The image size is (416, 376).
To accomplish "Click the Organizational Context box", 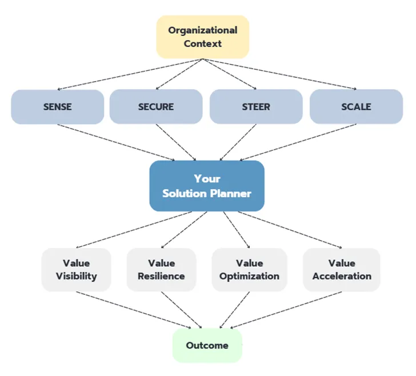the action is [x=203, y=37].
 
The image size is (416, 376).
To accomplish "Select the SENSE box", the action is [x=58, y=107].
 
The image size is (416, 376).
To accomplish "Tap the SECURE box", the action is [x=156, y=106].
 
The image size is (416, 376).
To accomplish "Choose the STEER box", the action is [x=256, y=106].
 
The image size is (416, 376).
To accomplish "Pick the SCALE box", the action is [x=357, y=106].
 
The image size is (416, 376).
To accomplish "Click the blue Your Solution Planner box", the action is [x=207, y=186].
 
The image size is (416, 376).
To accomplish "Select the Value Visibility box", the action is [x=77, y=270].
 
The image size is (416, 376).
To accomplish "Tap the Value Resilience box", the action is [x=161, y=270].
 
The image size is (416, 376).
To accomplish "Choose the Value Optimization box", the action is [x=249, y=270].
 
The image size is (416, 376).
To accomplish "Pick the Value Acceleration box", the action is [x=342, y=270].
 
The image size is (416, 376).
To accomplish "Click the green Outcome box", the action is [x=207, y=345].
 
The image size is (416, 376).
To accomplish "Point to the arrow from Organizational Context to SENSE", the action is [x=130, y=74].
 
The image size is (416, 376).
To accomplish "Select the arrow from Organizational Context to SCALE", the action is [x=279, y=74].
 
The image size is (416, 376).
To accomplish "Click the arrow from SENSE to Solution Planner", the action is [x=116, y=142].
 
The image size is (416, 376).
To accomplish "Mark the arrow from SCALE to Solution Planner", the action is [x=298, y=142].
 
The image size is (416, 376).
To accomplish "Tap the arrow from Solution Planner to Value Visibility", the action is [x=134, y=230].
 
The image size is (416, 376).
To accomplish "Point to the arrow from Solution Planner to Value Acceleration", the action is [x=290, y=230].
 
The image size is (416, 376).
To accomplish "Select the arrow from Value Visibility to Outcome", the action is [x=134, y=310].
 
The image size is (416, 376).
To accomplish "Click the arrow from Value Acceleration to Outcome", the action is [x=286, y=310].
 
